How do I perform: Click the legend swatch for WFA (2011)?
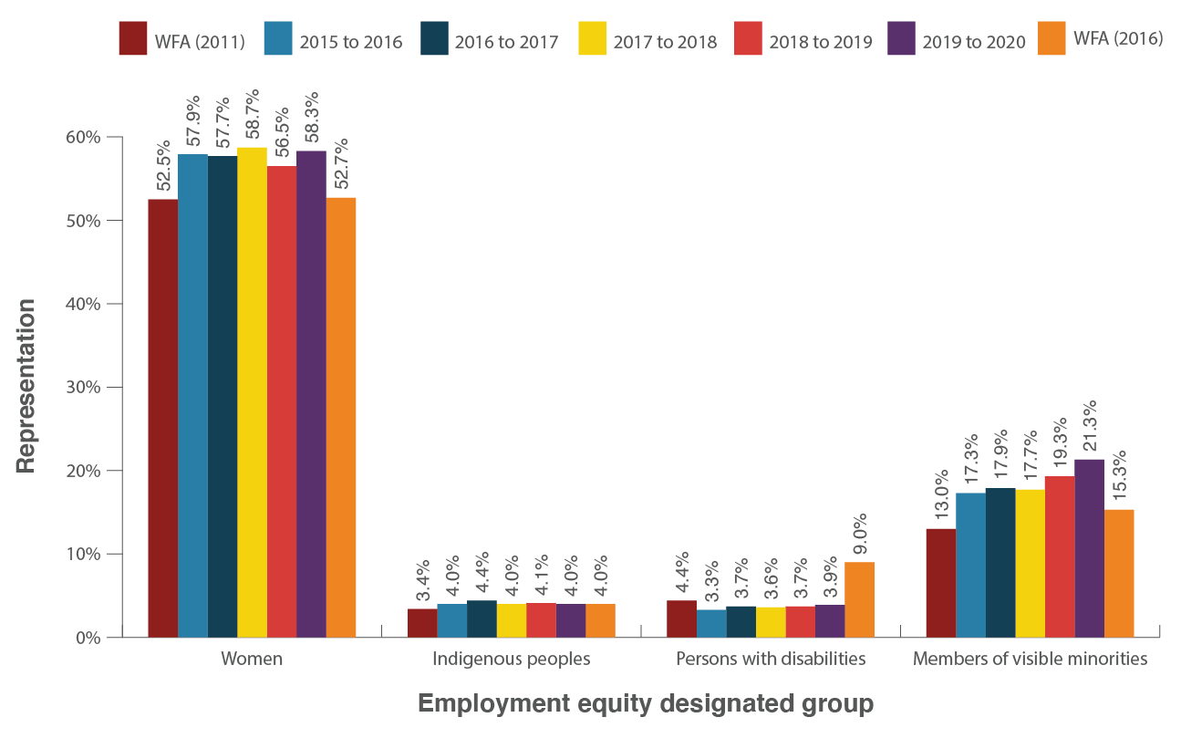tap(133, 41)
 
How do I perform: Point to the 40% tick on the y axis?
tap(85, 304)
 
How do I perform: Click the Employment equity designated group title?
tap(645, 704)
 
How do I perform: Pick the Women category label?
tap(252, 659)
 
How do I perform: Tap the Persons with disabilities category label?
tap(770, 659)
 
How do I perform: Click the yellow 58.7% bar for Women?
tap(252, 392)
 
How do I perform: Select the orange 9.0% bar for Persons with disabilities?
tap(859, 599)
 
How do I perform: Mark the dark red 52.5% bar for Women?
tap(162, 418)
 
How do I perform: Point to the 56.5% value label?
tap(281, 131)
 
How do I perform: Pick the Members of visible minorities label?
tap(1030, 659)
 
